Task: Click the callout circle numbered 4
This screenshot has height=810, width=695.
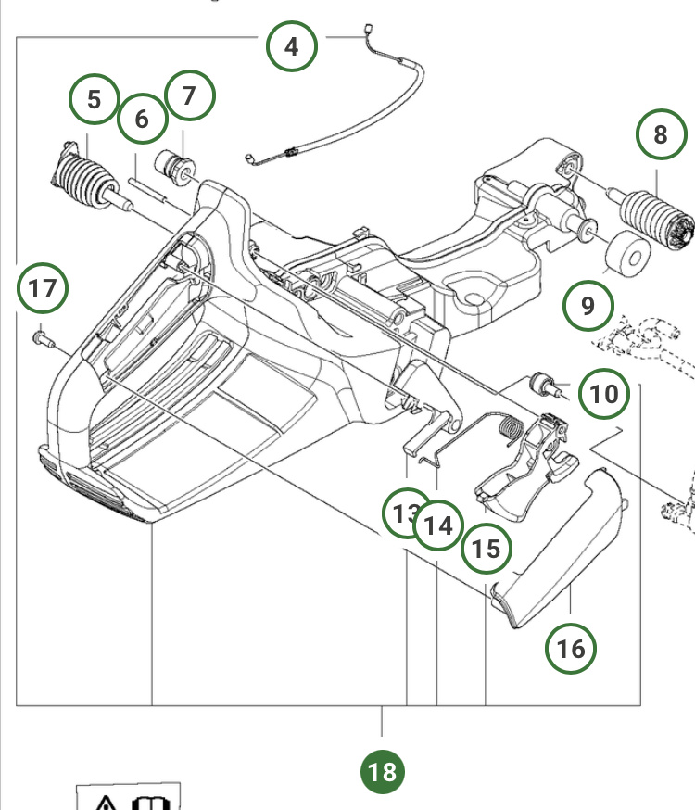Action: (x=292, y=45)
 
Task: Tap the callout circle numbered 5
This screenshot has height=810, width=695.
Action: (x=95, y=98)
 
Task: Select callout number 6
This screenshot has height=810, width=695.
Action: (x=142, y=119)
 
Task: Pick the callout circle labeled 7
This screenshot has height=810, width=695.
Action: (x=189, y=96)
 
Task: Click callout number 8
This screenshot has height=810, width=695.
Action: (x=660, y=134)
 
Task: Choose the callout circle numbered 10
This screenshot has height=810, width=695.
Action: (x=604, y=394)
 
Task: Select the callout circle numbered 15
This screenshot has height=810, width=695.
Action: (x=486, y=549)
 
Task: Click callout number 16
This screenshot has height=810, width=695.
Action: (x=571, y=648)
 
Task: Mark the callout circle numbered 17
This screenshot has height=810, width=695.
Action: (x=43, y=288)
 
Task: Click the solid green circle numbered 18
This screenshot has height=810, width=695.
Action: (x=382, y=771)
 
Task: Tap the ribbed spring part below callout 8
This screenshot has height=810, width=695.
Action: (x=656, y=217)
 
